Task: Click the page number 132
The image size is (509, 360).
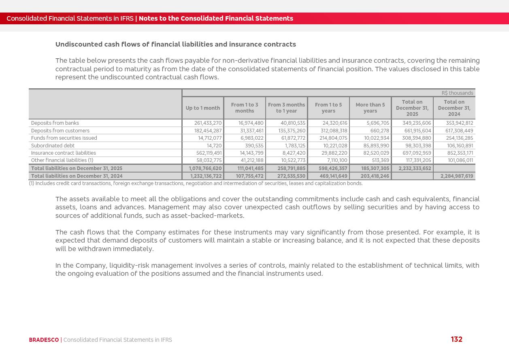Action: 456,339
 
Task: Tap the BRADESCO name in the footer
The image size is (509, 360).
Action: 44,340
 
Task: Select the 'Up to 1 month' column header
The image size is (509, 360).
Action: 203,108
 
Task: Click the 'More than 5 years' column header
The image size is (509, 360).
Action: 370,108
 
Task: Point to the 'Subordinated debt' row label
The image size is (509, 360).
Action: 53,146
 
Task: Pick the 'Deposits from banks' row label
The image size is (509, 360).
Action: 55,123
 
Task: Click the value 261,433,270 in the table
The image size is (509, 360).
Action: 208,123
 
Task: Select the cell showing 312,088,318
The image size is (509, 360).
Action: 334,131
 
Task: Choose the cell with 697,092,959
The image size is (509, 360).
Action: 417,153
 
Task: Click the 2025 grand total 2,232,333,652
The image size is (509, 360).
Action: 415,168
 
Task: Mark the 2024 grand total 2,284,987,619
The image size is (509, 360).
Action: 456,176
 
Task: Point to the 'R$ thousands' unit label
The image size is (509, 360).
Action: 457,93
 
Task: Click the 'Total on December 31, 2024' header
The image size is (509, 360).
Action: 454,108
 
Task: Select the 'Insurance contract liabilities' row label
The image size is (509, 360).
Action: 64,153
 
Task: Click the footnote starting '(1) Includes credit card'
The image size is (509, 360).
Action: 196,183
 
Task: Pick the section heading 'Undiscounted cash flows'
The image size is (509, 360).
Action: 175,44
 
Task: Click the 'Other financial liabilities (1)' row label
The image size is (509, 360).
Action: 62,160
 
